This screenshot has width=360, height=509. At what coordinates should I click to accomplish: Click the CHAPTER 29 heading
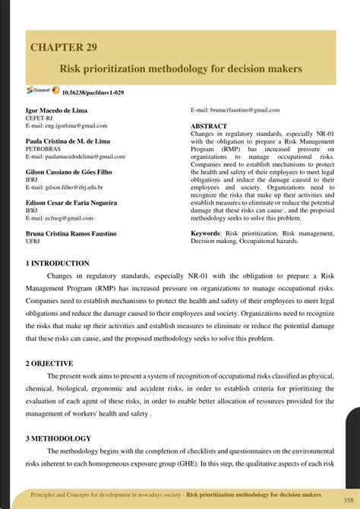tap(64, 47)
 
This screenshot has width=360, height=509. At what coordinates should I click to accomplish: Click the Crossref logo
tap(41, 90)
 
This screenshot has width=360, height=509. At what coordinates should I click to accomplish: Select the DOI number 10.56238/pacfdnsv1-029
tap(93, 92)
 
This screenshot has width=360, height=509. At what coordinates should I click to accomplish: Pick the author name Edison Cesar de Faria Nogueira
tap(71, 204)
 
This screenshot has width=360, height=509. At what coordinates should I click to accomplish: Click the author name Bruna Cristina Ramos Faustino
tap(72, 234)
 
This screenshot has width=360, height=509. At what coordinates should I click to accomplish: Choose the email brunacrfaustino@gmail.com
tap(235, 110)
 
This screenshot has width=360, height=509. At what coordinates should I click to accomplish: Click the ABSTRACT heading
tap(210, 125)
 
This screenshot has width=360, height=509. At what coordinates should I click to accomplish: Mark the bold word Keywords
tap(206, 233)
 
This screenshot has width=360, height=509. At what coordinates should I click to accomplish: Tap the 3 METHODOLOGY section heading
tap(58, 438)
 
